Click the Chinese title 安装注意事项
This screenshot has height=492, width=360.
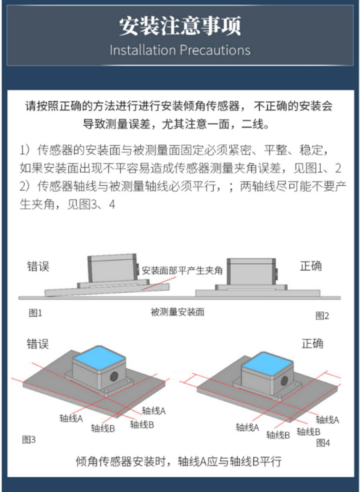tap(180, 26)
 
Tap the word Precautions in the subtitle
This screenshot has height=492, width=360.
tap(215, 50)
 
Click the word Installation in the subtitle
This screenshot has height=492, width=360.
tap(143, 50)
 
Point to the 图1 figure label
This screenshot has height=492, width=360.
tap(36, 313)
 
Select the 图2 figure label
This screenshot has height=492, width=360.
tap(322, 316)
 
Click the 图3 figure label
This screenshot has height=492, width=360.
tap(29, 440)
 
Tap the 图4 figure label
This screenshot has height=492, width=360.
tap(323, 443)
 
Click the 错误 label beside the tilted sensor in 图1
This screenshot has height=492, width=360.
tap(38, 267)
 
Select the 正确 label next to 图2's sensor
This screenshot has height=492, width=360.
tap(311, 266)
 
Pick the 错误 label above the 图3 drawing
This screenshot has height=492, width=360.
tap(38, 344)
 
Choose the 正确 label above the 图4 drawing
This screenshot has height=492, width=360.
tap(312, 344)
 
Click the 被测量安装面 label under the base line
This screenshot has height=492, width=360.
tap(178, 312)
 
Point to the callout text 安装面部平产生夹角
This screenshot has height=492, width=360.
tap(182, 270)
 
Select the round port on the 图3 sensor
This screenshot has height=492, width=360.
tap(114, 376)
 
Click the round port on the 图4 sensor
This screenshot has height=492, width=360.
tap(284, 380)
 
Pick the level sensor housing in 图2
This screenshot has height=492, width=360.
tap(252, 272)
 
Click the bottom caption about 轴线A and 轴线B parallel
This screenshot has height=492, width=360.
tap(179, 462)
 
